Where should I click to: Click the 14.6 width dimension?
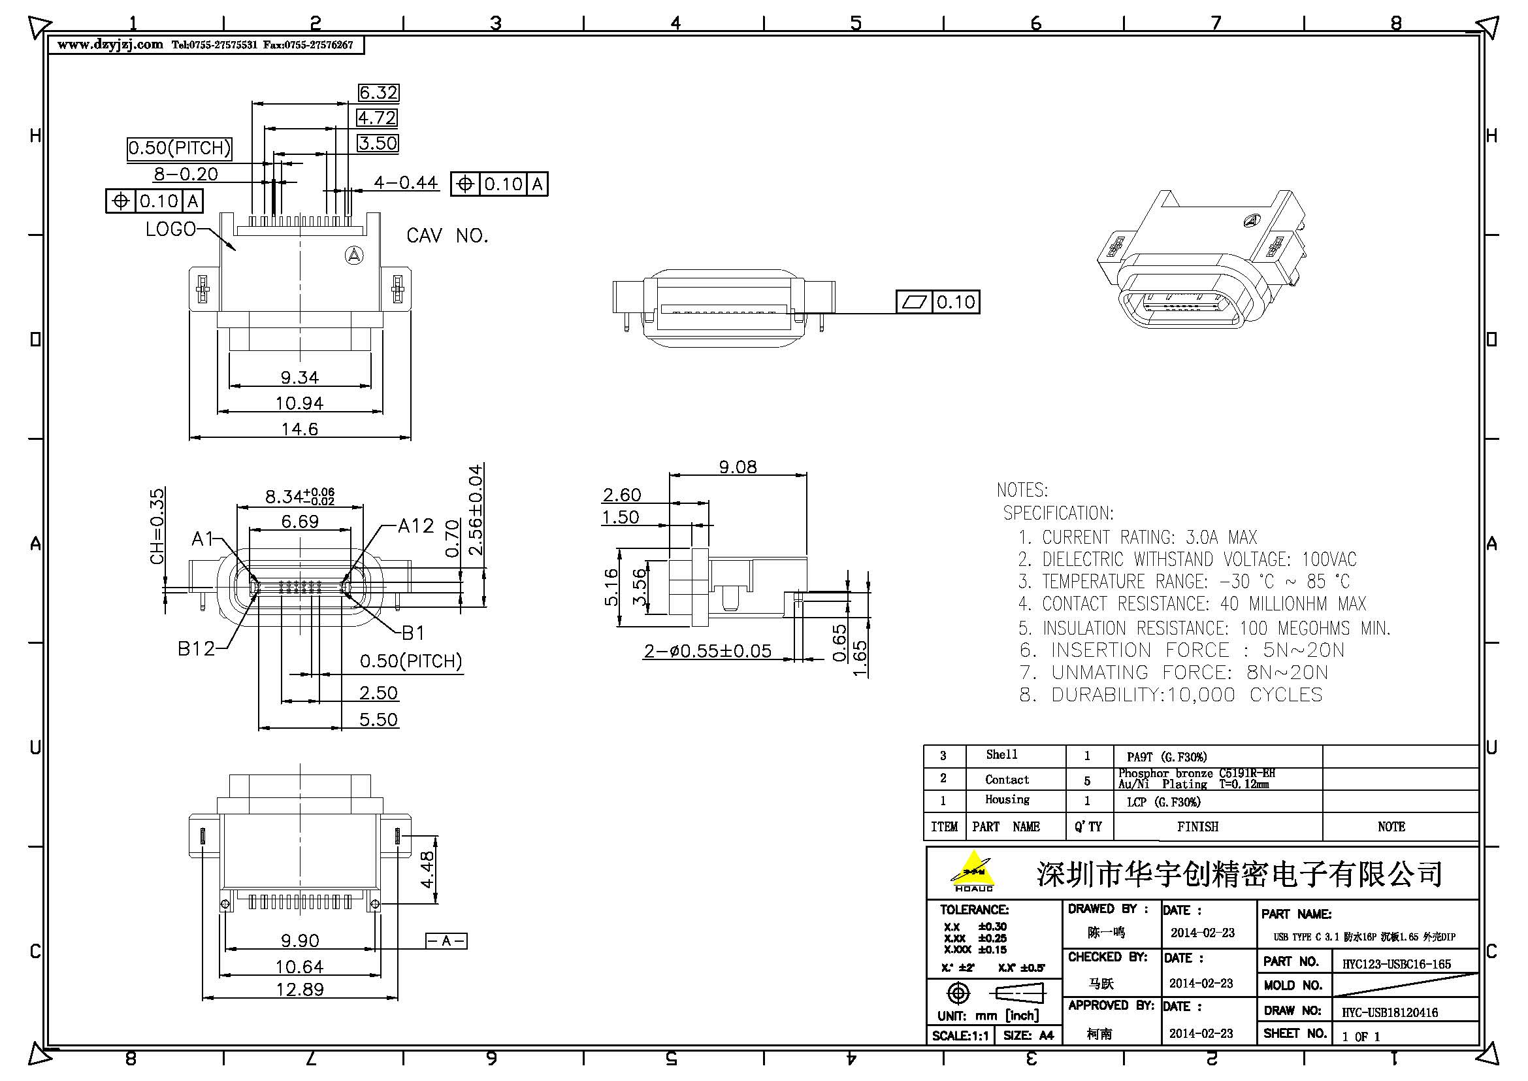coord(299,429)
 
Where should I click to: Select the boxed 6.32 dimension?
coord(378,93)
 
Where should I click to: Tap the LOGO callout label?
coord(171,229)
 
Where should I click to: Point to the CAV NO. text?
coord(447,236)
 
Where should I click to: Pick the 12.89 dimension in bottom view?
coord(299,989)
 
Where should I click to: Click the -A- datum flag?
coord(446,940)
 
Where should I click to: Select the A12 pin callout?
coord(416,527)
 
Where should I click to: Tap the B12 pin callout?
coord(197,648)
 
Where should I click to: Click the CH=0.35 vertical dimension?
coord(157,527)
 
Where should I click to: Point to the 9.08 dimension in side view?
coord(738,467)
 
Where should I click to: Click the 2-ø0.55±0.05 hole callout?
coord(707,651)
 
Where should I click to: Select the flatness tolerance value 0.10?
coord(956,302)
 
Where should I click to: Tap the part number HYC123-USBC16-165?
coord(1396,964)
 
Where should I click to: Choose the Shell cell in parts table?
coord(1001,755)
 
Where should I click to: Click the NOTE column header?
coord(1391,827)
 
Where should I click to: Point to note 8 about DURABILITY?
coord(1171,695)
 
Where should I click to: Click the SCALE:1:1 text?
coord(959,1036)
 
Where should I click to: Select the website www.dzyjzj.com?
coord(110,44)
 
